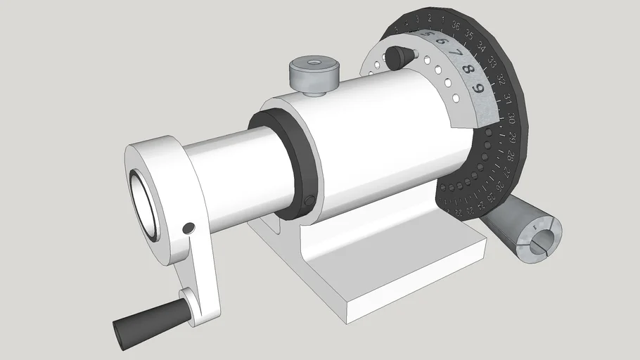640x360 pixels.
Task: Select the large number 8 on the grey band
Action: pyautogui.click(x=467, y=70)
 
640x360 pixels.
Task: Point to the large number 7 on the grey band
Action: pyautogui.click(x=455, y=53)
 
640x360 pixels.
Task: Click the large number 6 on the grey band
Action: pyautogui.click(x=441, y=41)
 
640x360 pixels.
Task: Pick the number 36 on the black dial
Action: pyautogui.click(x=456, y=26)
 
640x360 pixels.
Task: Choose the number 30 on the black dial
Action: pyautogui.click(x=512, y=117)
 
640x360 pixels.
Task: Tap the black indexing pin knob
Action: pyautogui.click(x=399, y=56)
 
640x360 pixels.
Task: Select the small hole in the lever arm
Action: pyautogui.click(x=188, y=229)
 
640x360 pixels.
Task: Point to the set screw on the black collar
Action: pyautogui.click(x=309, y=202)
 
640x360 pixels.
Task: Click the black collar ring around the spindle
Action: pyautogui.click(x=288, y=162)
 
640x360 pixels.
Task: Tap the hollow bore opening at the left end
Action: pyautogui.click(x=147, y=205)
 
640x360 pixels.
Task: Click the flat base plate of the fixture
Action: pyautogui.click(x=394, y=281)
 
